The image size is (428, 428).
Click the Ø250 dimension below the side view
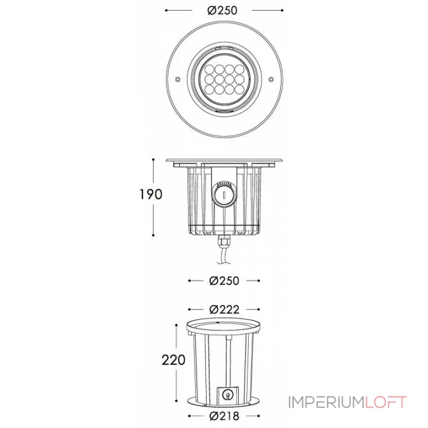224,280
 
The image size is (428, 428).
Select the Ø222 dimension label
224,309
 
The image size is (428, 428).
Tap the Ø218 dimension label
224,415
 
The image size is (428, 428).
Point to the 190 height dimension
151,194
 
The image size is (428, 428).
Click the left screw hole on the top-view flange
177,80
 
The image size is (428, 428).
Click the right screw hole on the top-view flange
271,80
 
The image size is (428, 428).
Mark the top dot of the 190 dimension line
154,159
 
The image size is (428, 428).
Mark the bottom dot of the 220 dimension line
175,399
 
